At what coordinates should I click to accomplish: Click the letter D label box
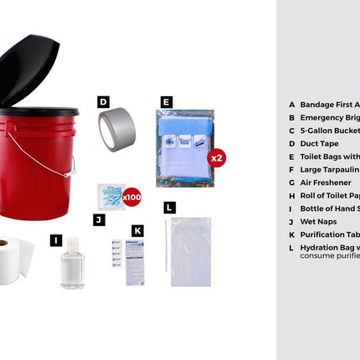103,102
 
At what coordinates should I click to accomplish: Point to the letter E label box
166,102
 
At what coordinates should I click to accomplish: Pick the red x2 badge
216,157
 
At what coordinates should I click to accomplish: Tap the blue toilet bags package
184,147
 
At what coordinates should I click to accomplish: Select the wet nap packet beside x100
111,196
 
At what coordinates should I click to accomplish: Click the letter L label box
169,207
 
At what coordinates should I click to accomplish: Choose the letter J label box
99,219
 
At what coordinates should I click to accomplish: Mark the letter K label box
137,229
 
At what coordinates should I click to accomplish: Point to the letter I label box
55,240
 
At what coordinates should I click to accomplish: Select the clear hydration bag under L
191,251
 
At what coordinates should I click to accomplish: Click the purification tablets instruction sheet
135,262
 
